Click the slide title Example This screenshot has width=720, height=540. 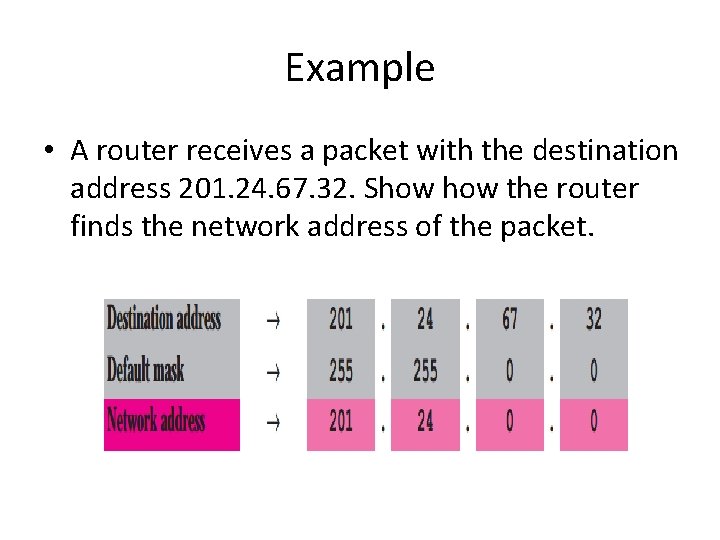tap(359, 68)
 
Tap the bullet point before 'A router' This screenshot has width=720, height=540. tap(49, 152)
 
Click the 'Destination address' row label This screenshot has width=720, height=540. tap(164, 320)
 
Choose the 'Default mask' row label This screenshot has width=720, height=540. tap(146, 371)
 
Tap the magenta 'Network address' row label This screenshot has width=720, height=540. tap(156, 421)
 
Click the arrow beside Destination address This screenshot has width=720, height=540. tap(272, 320)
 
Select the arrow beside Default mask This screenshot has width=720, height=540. tap(272, 371)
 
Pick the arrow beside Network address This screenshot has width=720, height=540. tap(272, 421)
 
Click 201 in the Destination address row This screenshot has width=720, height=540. tap(340, 320)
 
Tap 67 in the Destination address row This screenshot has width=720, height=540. tap(509, 320)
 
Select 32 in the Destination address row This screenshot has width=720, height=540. tap(593, 320)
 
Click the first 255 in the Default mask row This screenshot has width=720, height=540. tap(340, 371)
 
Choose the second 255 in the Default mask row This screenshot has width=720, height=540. tap(425, 371)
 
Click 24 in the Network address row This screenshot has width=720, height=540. tap(425, 421)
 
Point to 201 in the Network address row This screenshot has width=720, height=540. tap(340, 421)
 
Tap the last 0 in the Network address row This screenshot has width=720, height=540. tap(593, 421)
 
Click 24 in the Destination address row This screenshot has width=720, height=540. tap(425, 320)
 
